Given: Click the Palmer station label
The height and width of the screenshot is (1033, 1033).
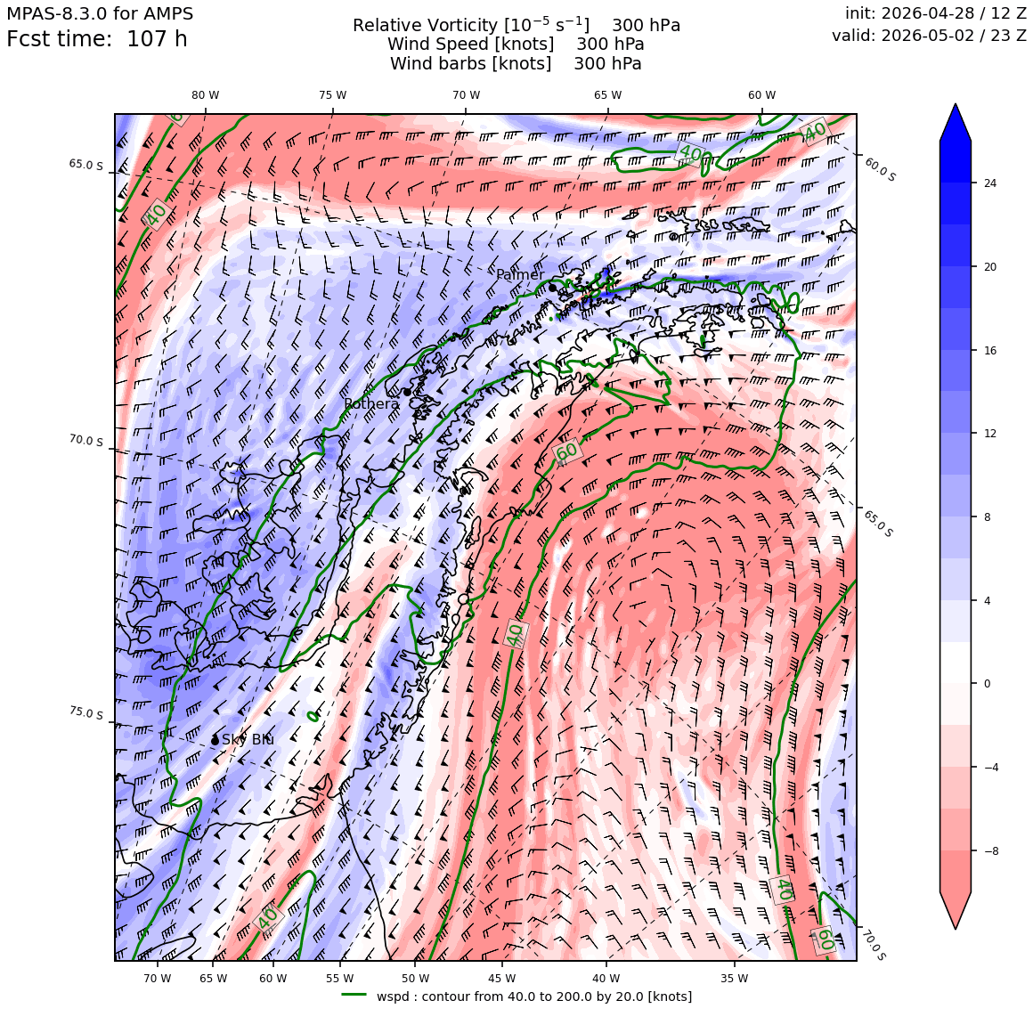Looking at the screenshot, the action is pos(520,274).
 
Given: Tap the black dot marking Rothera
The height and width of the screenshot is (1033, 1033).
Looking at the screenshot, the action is pos(407,392).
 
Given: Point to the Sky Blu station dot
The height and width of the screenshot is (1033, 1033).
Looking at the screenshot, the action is pos(215,741).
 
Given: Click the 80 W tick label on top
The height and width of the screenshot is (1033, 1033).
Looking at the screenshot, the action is pos(206,95).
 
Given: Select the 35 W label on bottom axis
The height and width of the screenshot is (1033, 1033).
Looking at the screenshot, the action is pos(734,979).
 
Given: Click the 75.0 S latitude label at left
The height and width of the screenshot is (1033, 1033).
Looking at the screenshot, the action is pos(86,713).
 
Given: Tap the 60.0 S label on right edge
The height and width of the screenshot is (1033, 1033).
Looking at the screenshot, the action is pos(880,169).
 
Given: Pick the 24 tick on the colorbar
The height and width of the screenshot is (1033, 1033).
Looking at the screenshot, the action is pos(990,183).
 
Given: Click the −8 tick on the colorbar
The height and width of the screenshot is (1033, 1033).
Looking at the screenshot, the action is pos(991,850).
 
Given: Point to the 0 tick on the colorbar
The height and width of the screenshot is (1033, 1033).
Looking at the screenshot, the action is pos(987,684).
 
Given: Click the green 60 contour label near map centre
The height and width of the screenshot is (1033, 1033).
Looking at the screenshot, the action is pos(566,452).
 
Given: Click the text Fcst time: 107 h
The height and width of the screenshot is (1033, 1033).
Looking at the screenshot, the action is pos(97,39).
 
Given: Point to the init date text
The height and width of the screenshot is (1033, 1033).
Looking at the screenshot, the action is pos(936,13).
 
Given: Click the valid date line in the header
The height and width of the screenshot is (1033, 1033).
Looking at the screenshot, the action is pos(929,36).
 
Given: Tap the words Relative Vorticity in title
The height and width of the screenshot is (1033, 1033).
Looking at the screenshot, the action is pos(425,26).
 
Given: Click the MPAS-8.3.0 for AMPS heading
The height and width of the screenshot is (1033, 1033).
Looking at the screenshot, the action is pos(100,13).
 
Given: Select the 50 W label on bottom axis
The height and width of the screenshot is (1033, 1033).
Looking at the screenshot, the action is pos(415,979).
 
